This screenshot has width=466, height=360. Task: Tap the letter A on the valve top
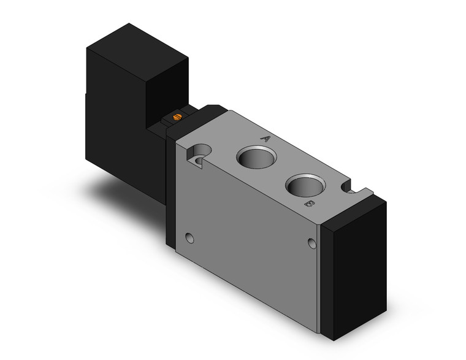click(x=265, y=139)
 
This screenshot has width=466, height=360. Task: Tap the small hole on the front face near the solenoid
click(x=189, y=237)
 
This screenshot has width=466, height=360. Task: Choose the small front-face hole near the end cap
click(x=313, y=244)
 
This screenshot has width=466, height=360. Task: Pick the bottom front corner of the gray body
click(x=318, y=331)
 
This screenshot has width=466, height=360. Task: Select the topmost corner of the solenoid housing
click(x=127, y=25)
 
